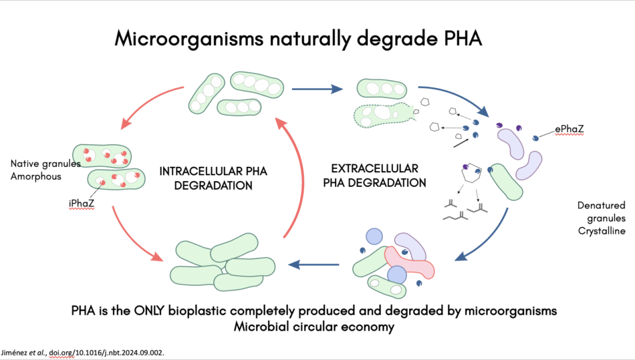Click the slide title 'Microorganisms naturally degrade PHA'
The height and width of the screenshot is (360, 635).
coord(297,38)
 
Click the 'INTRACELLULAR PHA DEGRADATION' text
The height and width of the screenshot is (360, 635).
coord(212,178)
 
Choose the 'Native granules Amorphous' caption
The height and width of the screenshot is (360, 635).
coord(45,170)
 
